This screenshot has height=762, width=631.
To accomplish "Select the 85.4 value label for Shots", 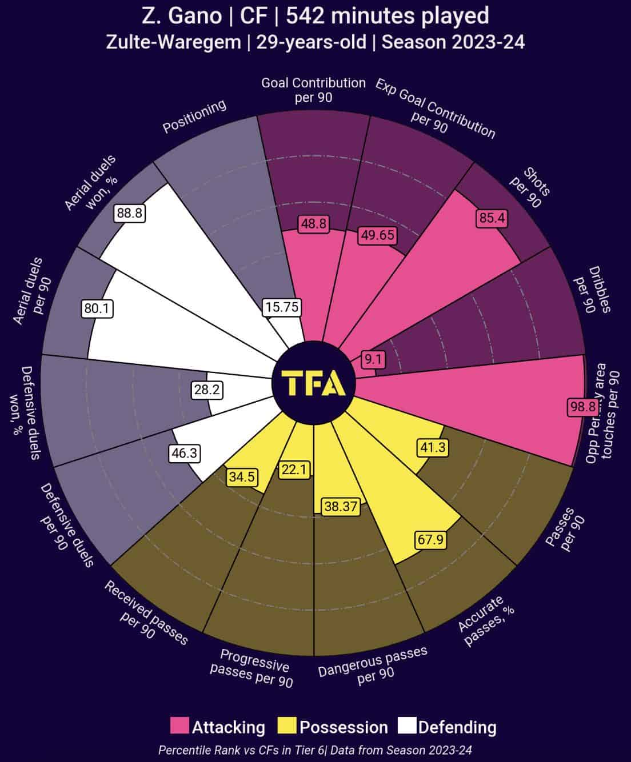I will click(492, 218).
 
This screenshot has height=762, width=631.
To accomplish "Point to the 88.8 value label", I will click(129, 213).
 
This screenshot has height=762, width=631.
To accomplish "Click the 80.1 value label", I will click(97, 308).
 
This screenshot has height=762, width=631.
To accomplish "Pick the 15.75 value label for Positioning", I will click(281, 307).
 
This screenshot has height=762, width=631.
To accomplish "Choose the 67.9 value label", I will click(430, 539).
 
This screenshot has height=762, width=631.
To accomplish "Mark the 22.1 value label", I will click(294, 470).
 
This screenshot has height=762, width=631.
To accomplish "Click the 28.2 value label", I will click(207, 390).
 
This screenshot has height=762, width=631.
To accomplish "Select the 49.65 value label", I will click(377, 235).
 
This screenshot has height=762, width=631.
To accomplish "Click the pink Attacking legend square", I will click(179, 726).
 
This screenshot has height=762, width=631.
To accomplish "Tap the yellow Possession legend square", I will click(287, 726).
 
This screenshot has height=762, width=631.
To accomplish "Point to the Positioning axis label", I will click(194, 117).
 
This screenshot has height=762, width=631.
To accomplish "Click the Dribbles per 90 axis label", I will click(592, 289).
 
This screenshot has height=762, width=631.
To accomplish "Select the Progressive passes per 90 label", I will click(251, 667).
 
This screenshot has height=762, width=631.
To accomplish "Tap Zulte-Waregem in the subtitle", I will click(173, 42).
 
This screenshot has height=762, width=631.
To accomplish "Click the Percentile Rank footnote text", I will click(315, 749).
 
